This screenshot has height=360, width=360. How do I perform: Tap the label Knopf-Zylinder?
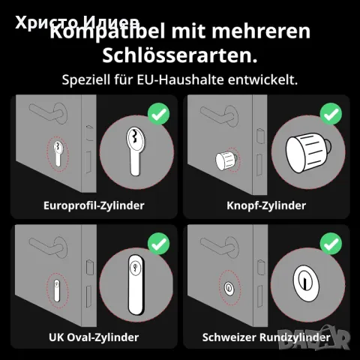(266, 204)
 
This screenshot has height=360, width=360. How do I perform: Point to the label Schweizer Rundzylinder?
(266, 337)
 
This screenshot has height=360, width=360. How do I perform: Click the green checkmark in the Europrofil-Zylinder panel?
(158, 114)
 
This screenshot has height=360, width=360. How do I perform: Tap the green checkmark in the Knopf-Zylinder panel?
(331, 114)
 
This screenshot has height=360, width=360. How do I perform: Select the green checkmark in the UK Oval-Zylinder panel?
(158, 244)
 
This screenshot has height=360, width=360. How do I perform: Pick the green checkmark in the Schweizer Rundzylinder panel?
(331, 244)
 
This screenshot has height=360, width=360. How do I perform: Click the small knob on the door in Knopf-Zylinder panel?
(226, 158)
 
